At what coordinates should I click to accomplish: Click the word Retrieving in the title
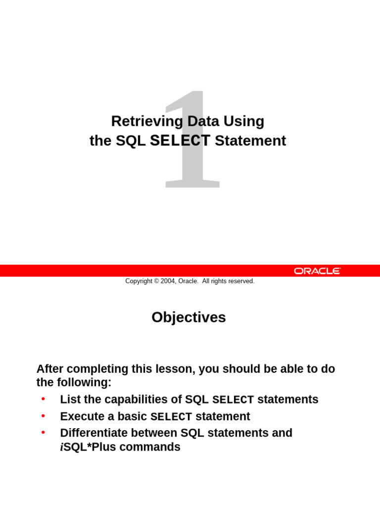pyautogui.click(x=140, y=121)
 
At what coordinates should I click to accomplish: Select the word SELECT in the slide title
pyautogui.click(x=180, y=141)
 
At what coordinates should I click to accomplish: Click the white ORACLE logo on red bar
pyautogui.click(x=317, y=271)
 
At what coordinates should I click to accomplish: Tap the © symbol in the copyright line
pyautogui.click(x=156, y=281)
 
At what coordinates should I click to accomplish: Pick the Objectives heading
pyautogui.click(x=189, y=317)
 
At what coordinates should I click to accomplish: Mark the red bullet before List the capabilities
pyautogui.click(x=43, y=399)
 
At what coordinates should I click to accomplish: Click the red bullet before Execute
pyautogui.click(x=43, y=415)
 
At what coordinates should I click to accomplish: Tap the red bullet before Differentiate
pyautogui.click(x=43, y=432)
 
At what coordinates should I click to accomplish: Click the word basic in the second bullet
pyautogui.click(x=132, y=416)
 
